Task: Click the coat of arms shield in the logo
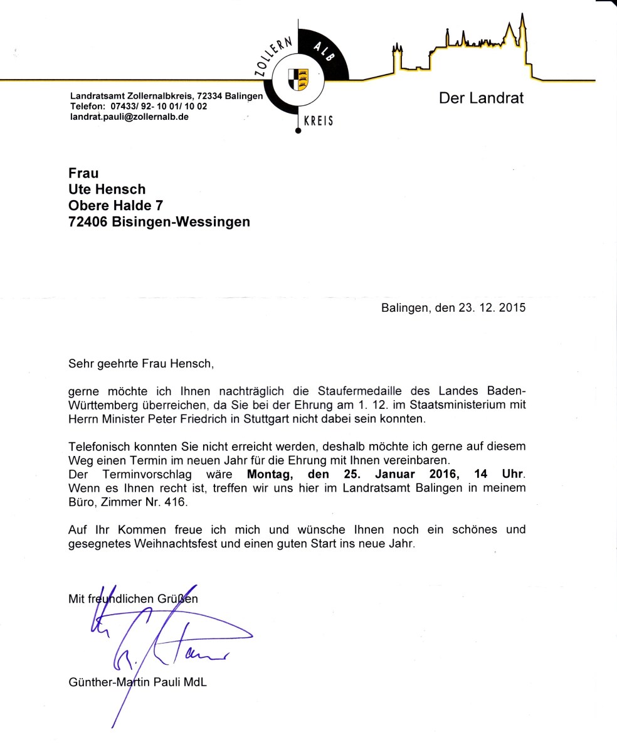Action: click(x=298, y=80)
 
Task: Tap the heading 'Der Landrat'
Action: click(x=481, y=98)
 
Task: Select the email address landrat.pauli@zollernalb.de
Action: click(x=129, y=117)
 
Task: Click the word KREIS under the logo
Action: click(x=318, y=121)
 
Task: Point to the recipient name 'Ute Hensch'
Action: click(x=107, y=189)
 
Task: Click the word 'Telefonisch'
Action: click(x=99, y=447)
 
